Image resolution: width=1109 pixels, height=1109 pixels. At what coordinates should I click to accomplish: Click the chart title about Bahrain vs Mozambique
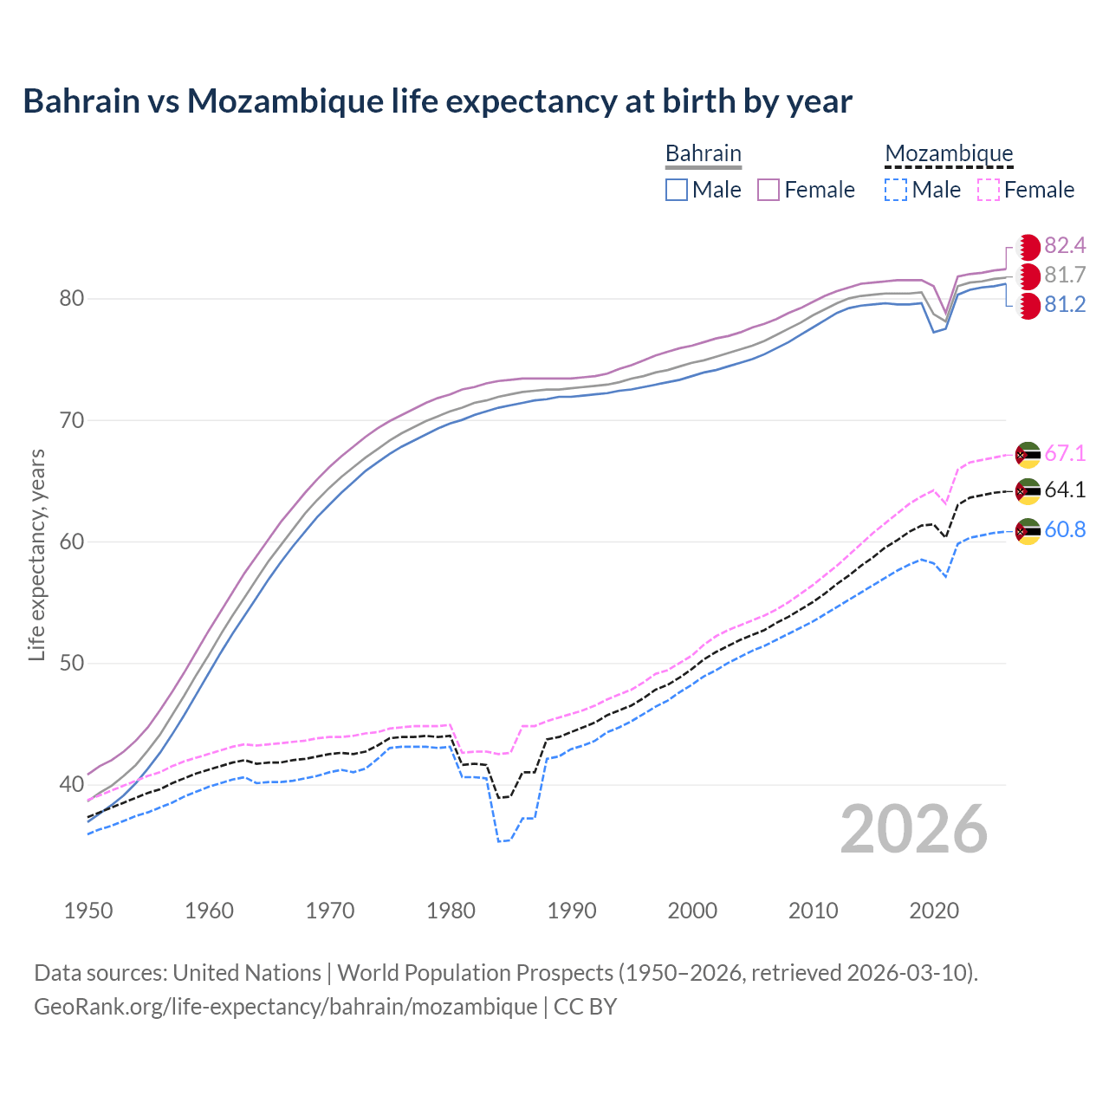tap(438, 101)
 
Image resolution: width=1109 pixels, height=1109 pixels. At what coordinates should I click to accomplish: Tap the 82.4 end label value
tap(1065, 246)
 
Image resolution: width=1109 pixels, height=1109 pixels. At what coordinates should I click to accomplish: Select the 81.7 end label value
tap(1065, 276)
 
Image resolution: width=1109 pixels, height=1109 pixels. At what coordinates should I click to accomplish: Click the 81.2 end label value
tap(1065, 305)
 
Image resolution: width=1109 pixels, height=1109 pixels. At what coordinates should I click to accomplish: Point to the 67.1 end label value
tap(1065, 454)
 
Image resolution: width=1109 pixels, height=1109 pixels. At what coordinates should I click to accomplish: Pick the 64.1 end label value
tap(1065, 490)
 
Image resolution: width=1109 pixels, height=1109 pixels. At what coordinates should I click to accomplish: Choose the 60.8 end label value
tap(1065, 530)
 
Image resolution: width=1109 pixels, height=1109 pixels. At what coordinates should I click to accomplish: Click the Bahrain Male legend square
tap(677, 190)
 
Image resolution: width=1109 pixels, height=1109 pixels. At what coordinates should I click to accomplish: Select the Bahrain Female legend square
tap(769, 190)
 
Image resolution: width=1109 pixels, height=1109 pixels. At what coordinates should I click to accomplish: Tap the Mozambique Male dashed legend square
tap(896, 190)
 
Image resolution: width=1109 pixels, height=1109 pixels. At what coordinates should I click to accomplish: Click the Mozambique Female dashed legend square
tap(988, 190)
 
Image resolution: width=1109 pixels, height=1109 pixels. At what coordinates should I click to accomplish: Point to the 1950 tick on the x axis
tap(88, 911)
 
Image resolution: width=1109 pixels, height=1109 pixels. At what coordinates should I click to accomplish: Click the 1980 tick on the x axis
tap(451, 911)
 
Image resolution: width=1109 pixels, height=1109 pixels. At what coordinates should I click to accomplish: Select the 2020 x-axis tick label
tap(934, 911)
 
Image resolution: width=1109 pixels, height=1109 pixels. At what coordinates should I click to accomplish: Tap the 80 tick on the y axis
tap(71, 299)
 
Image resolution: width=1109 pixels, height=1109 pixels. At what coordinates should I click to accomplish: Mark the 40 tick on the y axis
tap(71, 785)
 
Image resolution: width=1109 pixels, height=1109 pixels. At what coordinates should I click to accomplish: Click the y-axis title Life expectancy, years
tap(36, 554)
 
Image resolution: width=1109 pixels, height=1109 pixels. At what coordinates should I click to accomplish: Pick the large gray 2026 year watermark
tap(914, 829)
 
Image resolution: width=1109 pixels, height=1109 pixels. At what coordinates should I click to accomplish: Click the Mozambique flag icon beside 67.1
tap(1028, 454)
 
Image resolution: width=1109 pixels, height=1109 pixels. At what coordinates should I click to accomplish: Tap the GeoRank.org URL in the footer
tap(285, 1007)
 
